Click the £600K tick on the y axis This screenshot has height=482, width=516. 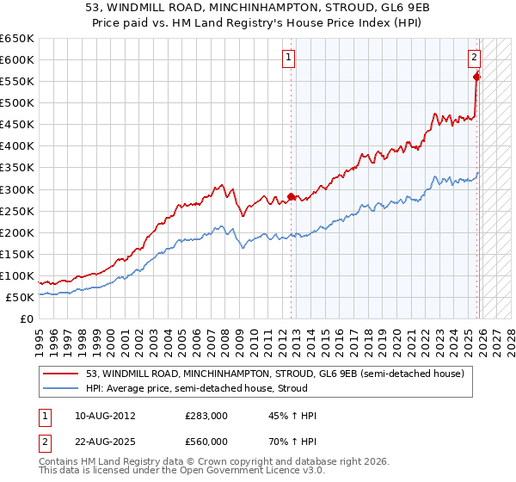[x=17, y=59]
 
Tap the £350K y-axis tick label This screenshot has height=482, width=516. [x=17, y=167]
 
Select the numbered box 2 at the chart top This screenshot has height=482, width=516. [x=474, y=58]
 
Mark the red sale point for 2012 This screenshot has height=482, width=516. [x=291, y=196]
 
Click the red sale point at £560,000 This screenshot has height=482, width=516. [x=476, y=77]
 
